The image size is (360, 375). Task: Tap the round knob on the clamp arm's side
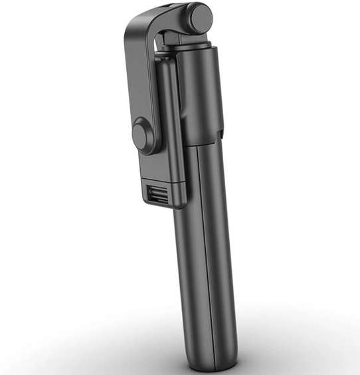pos(143,136)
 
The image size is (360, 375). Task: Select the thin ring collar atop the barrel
pos(193,46)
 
